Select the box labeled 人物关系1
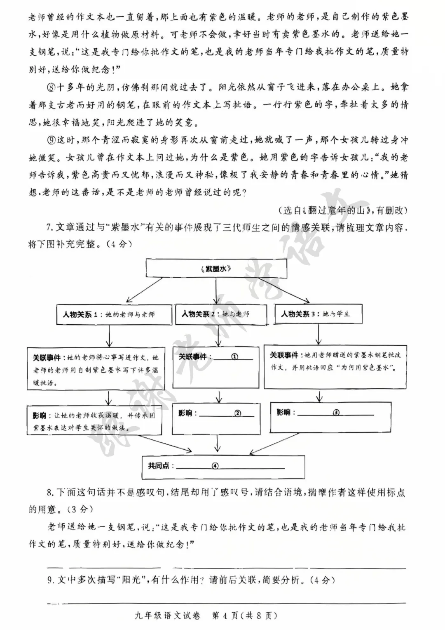[108, 315]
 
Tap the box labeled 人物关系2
[216, 314]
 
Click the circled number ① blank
[234, 356]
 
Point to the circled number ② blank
[238, 413]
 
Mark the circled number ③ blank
[336, 412]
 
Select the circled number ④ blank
[215, 466]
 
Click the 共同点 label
[159, 466]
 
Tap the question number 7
[48, 227]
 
